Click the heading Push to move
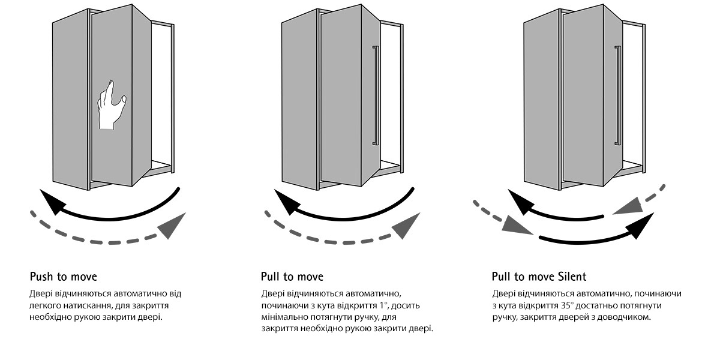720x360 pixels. [63, 277]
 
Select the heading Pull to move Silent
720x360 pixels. [539, 277]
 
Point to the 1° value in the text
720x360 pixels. [377, 305]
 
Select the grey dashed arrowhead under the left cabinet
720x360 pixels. [172, 226]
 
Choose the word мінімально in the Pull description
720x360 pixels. [284, 317]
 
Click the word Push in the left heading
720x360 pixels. [41, 277]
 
